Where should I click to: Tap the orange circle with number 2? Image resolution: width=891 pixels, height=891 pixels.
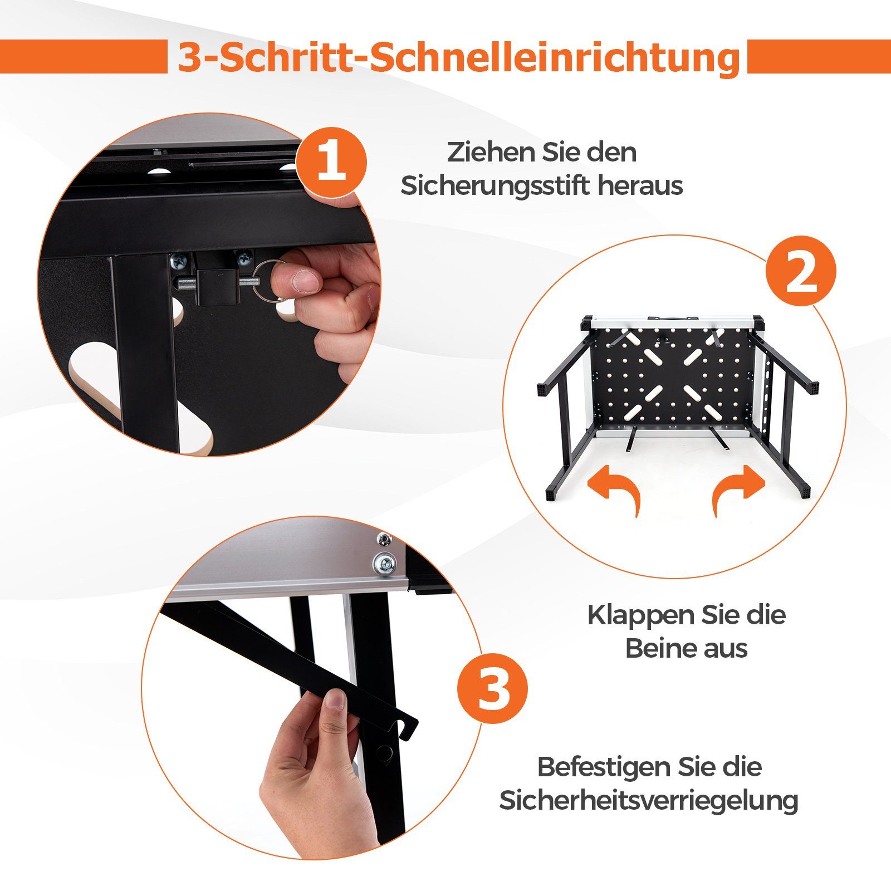(x=801, y=271)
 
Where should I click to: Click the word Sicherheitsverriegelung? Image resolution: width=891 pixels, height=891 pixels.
(x=648, y=801)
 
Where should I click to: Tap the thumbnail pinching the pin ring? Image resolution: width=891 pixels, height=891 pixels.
(x=305, y=281)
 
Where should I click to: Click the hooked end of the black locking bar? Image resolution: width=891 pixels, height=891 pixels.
(x=408, y=726)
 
